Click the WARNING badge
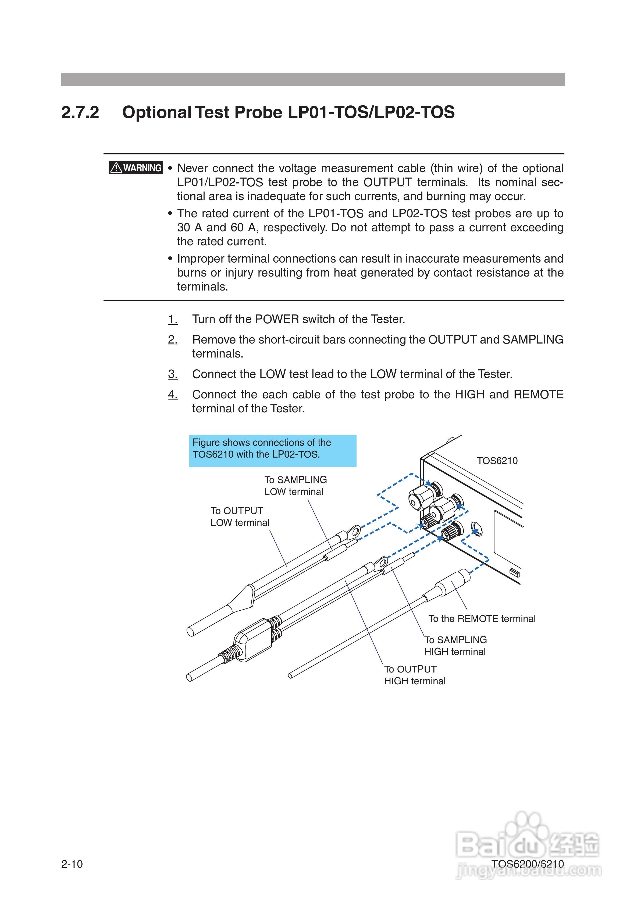[x=136, y=168]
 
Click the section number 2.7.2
[x=80, y=112]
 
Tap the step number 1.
[x=173, y=319]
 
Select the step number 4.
[x=173, y=394]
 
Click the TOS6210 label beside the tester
[x=497, y=461]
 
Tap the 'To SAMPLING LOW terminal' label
[x=295, y=486]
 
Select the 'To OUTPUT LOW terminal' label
[x=240, y=516]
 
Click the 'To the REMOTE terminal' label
[x=482, y=619]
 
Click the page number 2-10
[x=72, y=864]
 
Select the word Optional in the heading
[x=157, y=112]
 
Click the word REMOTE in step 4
[x=538, y=394]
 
